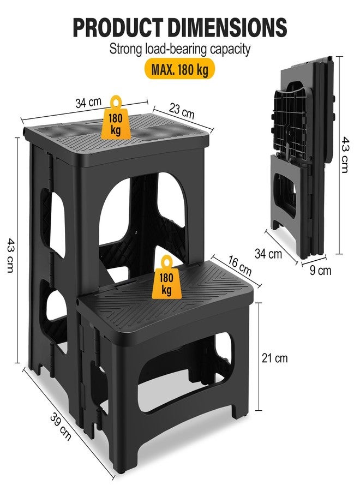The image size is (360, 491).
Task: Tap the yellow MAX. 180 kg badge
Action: point(179,69)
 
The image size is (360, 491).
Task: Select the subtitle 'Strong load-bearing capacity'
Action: point(179,49)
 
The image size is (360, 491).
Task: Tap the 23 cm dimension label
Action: point(182,111)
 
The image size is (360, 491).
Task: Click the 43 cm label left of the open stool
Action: point(10,255)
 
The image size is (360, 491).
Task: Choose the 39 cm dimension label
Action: point(61,427)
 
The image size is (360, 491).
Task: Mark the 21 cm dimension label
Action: point(274,358)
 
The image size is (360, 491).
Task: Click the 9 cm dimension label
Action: point(321,270)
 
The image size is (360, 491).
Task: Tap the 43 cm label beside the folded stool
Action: point(345,154)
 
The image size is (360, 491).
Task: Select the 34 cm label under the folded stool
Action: point(268,253)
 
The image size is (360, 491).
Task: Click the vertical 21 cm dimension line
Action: point(259,357)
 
